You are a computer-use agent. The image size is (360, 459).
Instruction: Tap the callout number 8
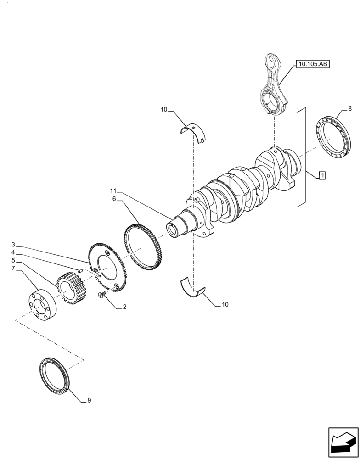tap(350, 109)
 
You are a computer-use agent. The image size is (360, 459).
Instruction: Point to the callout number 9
tap(89, 400)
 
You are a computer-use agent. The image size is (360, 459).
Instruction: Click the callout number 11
tap(113, 190)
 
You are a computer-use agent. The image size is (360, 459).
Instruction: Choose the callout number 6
tap(113, 199)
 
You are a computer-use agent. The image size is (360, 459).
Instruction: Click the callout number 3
tap(13, 244)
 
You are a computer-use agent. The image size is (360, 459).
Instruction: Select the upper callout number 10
tap(164, 110)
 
